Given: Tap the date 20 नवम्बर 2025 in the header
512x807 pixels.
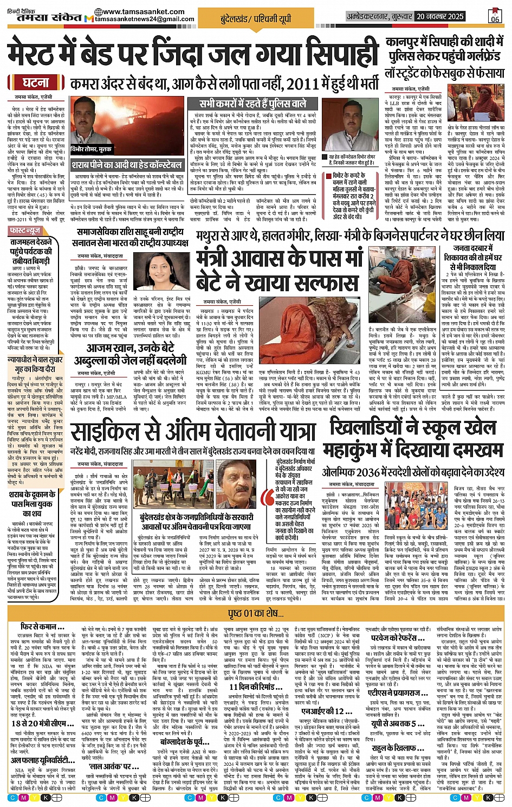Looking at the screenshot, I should point(440,16).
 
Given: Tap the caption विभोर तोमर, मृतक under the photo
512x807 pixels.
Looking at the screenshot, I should point(91,149).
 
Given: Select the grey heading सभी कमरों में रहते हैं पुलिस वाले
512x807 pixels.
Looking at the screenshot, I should point(252,104).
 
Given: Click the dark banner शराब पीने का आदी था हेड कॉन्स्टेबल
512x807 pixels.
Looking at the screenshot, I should point(127,165).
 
